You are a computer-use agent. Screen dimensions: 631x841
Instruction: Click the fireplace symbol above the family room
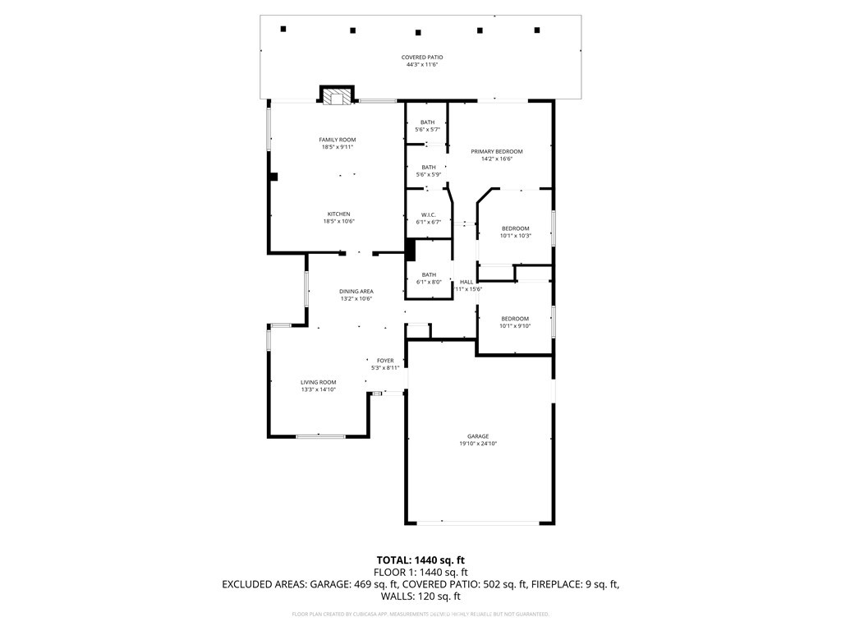(x=336, y=96)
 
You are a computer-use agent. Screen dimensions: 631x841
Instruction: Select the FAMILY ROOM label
(x=337, y=140)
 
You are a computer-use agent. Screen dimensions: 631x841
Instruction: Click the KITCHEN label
(x=338, y=214)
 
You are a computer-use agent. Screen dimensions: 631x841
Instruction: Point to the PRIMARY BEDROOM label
(x=496, y=151)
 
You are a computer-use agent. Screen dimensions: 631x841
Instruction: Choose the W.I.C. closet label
(x=428, y=215)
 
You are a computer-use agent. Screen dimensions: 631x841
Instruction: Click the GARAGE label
(x=478, y=436)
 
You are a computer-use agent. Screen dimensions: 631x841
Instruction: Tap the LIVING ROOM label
(x=318, y=382)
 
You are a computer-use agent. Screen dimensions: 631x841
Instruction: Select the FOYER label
(x=385, y=361)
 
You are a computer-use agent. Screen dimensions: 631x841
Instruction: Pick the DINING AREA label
(x=356, y=292)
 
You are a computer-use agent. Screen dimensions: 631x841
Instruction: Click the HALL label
(x=466, y=282)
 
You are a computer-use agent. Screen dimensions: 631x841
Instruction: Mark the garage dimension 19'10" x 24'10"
(x=478, y=444)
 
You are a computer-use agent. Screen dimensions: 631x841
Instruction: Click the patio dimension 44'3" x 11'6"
(x=422, y=64)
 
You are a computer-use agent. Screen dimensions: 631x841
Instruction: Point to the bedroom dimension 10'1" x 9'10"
(x=516, y=326)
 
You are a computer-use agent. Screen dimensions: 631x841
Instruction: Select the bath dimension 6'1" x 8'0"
(x=429, y=283)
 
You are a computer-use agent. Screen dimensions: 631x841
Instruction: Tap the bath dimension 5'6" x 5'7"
(x=428, y=130)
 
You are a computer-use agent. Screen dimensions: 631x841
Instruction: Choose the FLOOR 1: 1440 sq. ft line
(x=420, y=572)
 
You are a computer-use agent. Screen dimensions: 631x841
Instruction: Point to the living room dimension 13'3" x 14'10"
(x=319, y=389)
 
